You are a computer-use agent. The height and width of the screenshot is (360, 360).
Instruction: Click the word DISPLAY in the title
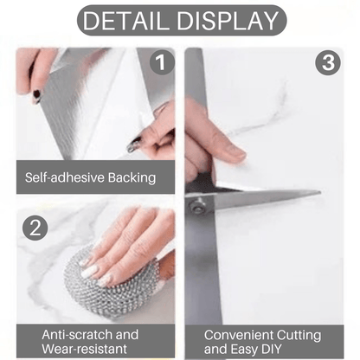tap(228, 21)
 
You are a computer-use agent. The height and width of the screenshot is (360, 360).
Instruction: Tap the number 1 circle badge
tap(162, 62)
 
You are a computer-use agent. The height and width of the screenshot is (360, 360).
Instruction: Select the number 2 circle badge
tap(35, 228)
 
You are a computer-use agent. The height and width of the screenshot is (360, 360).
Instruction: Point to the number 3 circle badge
tap(328, 62)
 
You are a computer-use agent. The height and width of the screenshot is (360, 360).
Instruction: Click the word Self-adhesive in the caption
tap(65, 177)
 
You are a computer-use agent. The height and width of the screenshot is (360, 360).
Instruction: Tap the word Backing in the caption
tap(132, 178)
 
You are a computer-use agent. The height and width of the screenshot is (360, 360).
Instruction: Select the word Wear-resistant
tap(84, 349)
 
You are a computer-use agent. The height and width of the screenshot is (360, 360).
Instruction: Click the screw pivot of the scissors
tap(197, 207)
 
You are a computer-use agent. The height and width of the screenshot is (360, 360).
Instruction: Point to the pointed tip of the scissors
tap(319, 192)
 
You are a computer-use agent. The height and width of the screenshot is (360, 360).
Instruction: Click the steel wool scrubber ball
tap(111, 284)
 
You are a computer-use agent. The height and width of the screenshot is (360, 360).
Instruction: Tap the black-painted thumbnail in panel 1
tap(36, 96)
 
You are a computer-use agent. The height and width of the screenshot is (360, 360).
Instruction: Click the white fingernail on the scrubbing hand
tap(90, 272)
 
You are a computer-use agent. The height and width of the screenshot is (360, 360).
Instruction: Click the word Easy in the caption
tap(241, 350)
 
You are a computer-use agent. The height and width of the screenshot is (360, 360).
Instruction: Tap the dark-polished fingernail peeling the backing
tap(134, 145)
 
